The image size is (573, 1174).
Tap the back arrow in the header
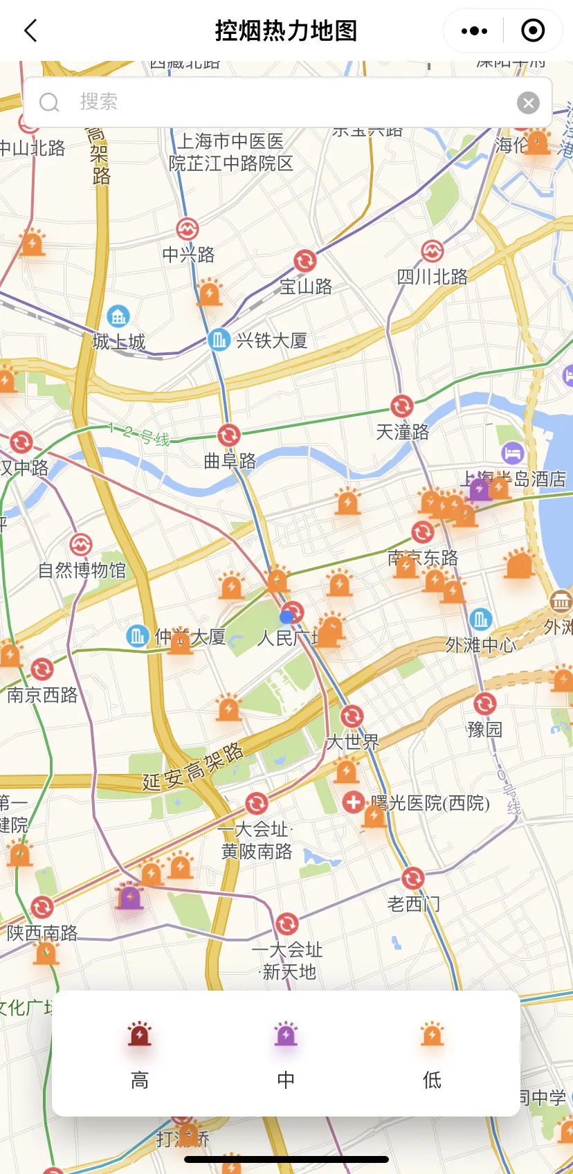pos(30,31)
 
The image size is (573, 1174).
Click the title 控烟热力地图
pos(286,31)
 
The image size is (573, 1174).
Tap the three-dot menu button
pos(474,31)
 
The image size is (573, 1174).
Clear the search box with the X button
pos(528,103)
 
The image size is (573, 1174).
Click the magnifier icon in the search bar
pos(49,103)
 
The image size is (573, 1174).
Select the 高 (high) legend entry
pos(140,1052)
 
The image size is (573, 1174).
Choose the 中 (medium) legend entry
pos(286,1052)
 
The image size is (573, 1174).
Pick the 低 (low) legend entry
pos(433,1052)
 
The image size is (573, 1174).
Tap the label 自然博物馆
pos(82,570)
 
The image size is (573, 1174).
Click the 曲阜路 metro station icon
pos(229,435)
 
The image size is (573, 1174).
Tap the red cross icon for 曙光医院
pos(354,802)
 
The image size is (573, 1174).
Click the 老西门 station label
pos(413,903)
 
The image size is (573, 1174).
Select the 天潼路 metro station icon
pos(402,406)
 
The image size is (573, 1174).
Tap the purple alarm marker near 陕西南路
pos(129,897)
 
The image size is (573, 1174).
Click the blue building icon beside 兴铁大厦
pos(219,340)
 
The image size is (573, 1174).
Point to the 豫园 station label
pos(484,729)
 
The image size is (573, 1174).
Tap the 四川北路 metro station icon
pos(433,251)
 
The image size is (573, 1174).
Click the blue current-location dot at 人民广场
pos(286,617)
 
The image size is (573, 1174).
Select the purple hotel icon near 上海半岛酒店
pos(512,453)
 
